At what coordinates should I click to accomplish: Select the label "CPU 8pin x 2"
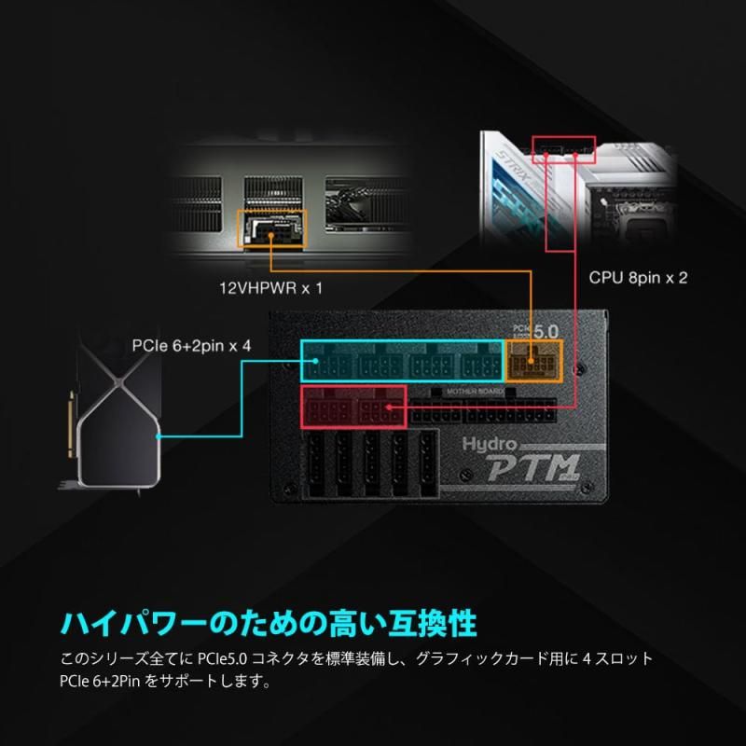[638, 278]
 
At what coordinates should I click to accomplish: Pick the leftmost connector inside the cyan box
[327, 362]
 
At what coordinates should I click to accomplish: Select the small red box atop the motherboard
[562, 145]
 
